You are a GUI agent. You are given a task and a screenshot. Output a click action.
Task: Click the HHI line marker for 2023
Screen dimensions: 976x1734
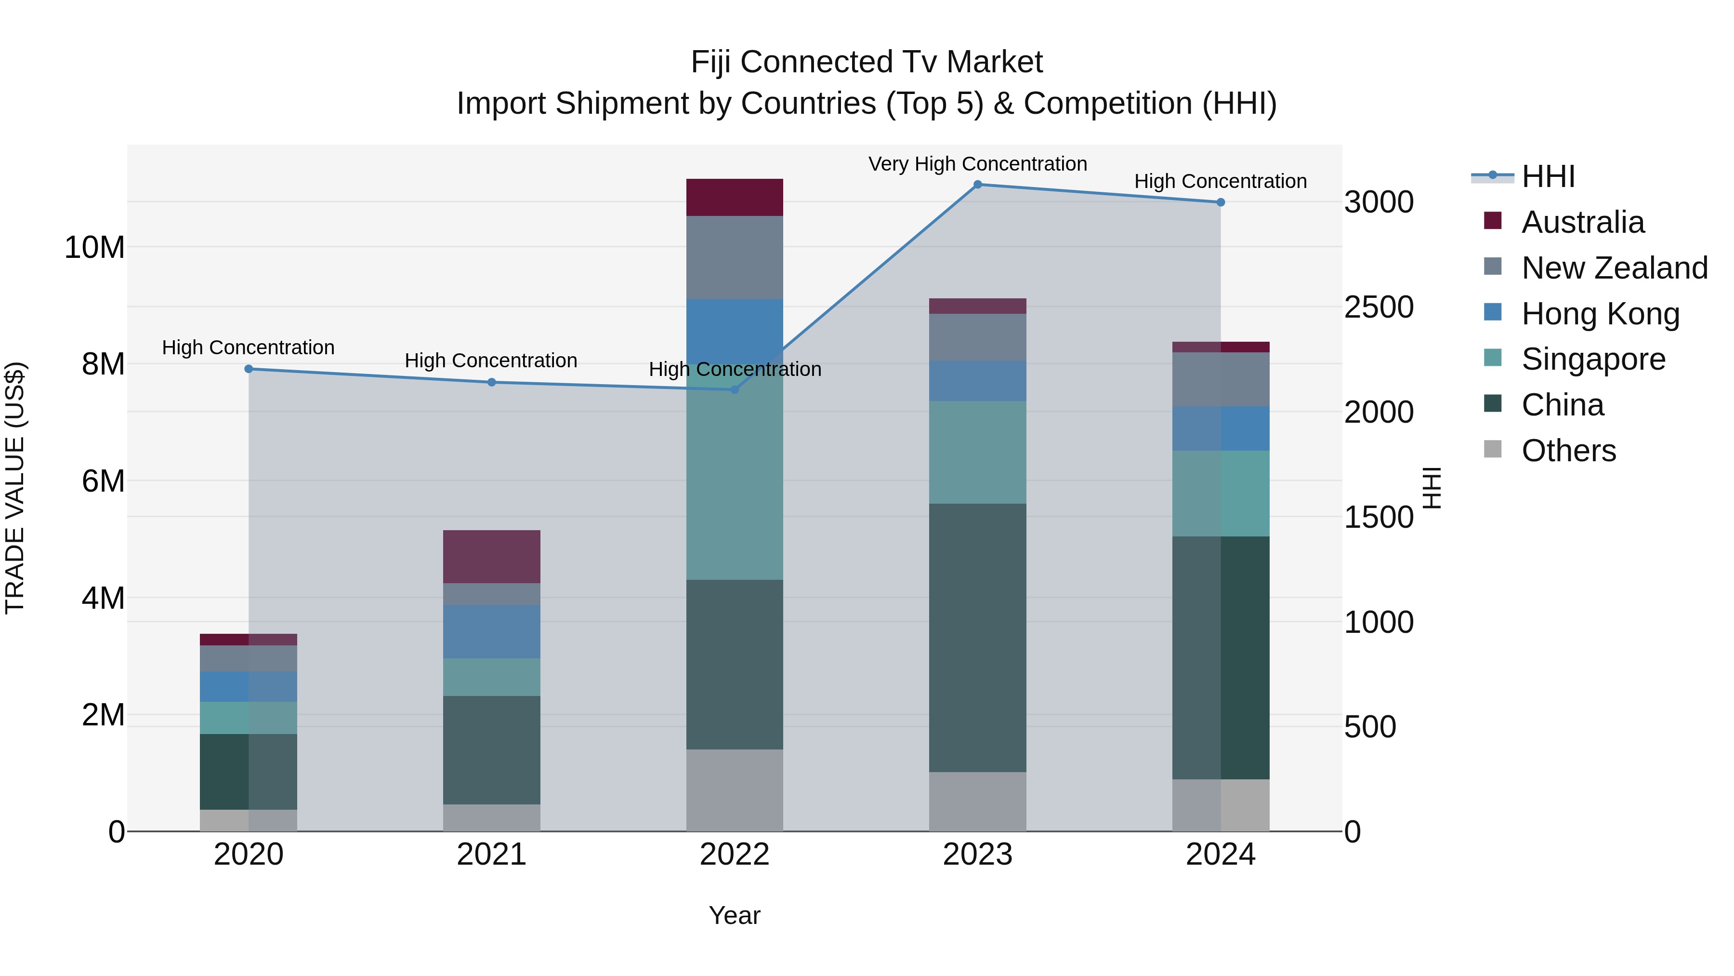point(977,184)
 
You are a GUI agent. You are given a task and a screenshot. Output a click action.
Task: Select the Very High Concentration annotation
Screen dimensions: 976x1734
point(977,164)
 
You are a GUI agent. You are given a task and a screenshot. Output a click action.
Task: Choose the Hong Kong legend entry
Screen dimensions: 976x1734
point(1600,314)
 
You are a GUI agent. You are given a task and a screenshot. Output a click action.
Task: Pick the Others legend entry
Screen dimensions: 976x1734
point(1568,451)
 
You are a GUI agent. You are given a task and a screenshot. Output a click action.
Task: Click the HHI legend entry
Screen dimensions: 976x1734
point(1548,176)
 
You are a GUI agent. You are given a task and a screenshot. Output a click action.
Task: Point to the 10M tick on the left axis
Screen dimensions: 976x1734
point(94,247)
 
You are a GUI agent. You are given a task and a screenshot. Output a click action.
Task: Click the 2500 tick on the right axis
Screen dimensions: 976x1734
point(1379,307)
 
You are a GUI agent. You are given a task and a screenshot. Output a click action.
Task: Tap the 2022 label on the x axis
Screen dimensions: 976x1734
point(735,855)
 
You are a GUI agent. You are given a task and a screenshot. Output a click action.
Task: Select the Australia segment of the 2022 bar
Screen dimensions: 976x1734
point(735,197)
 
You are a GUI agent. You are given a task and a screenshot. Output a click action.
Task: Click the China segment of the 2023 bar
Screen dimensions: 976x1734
point(977,637)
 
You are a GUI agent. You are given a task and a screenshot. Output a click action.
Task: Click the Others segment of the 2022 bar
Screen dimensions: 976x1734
point(735,790)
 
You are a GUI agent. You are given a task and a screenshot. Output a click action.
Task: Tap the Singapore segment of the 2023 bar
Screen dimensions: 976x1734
point(977,452)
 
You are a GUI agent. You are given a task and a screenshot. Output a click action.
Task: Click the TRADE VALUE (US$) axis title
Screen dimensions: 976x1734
point(15,488)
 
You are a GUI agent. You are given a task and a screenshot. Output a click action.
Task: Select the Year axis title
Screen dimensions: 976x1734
point(735,915)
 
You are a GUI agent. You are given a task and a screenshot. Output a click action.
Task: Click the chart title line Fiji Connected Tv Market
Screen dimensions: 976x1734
point(867,62)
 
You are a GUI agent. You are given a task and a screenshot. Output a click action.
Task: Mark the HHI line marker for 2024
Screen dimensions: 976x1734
point(1221,202)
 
